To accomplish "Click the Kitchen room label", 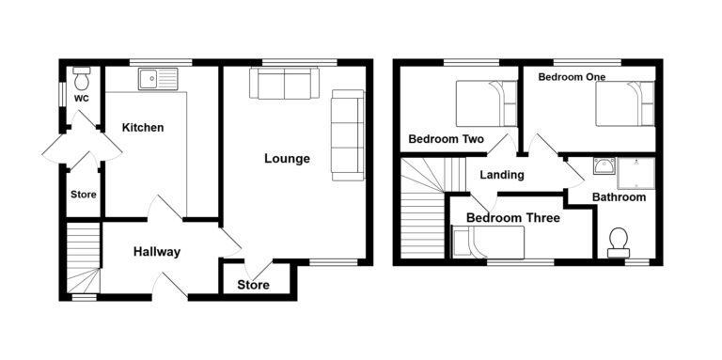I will tap(143, 128).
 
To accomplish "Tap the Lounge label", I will tap(287, 159).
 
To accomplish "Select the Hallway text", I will tap(156, 252).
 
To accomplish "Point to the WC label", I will tap(81, 98).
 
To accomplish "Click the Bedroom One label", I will tap(572, 77).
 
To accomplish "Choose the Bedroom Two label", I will tap(446, 139).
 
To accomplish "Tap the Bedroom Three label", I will tap(513, 218).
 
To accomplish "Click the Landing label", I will tap(502, 175).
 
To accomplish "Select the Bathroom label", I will tap(619, 197).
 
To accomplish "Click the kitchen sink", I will tap(154, 79).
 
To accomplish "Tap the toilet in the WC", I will tap(81, 72).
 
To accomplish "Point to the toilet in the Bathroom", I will tap(619, 243).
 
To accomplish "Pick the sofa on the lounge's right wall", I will tap(347, 135).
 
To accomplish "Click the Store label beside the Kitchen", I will tap(82, 196).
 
